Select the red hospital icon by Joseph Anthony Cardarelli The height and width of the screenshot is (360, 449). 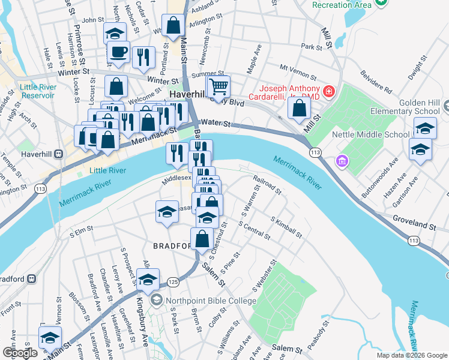(x=328, y=92)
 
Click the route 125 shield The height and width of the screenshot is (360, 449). (x=173, y=281)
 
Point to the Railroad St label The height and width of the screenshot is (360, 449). (x=268, y=185)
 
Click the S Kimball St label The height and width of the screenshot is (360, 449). (x=286, y=227)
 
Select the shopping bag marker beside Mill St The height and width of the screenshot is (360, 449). (x=299, y=108)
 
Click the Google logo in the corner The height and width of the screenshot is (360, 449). (x=20, y=353)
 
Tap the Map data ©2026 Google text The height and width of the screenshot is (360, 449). (x=411, y=355)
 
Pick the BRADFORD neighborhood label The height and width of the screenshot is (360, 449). (x=172, y=246)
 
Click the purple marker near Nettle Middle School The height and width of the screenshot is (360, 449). (x=342, y=161)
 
